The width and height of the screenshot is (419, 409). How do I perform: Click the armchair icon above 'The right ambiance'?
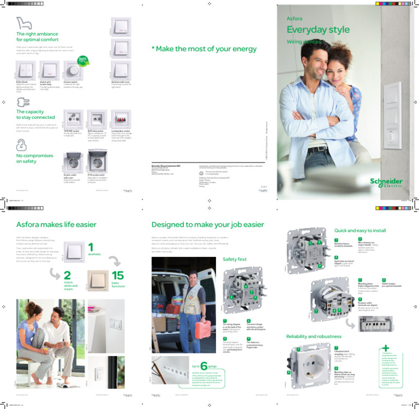click(23, 23)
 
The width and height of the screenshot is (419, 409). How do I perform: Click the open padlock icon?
click(21, 144)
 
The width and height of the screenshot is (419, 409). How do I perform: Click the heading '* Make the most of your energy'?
click(204, 49)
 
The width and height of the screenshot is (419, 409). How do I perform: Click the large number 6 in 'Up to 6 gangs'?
click(204, 366)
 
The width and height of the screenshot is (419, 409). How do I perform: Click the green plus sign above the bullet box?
click(386, 347)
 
